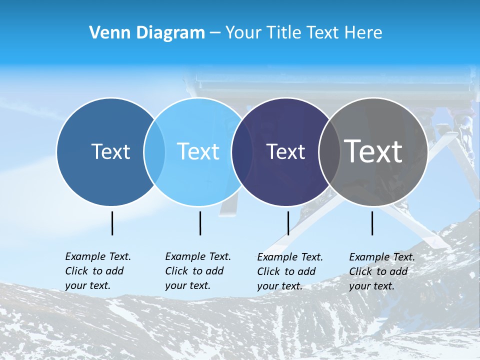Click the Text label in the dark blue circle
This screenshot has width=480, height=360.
(x=110, y=151)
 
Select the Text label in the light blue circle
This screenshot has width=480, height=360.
(x=198, y=151)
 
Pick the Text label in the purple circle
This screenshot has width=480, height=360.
(x=285, y=151)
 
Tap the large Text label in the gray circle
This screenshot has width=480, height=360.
(x=373, y=151)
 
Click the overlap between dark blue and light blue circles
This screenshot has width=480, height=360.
(x=154, y=151)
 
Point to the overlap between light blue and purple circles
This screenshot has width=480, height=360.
(x=242, y=151)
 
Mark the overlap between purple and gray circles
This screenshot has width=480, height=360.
(x=329, y=151)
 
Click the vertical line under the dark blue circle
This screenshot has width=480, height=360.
(x=112, y=223)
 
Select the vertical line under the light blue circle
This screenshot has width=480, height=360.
(x=200, y=223)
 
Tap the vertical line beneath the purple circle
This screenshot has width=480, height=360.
(x=288, y=223)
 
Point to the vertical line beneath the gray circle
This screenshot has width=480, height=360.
(x=372, y=223)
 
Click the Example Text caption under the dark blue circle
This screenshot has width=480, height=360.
(x=97, y=271)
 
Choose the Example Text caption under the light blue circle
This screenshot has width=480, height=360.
(x=197, y=271)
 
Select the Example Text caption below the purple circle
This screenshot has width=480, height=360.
(x=289, y=271)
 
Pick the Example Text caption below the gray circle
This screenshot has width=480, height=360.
(x=381, y=271)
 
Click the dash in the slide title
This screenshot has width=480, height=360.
(x=215, y=33)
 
